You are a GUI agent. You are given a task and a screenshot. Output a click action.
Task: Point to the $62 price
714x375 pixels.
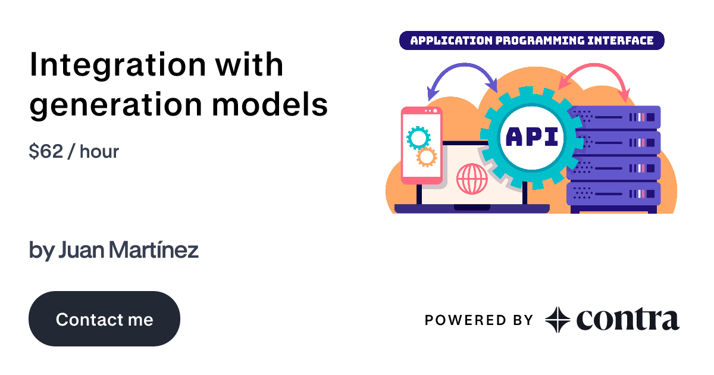[x=46, y=152]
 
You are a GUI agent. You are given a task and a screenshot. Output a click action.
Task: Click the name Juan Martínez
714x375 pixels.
[x=128, y=251]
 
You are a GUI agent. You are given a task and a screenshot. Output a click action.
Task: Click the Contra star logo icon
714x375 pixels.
[x=558, y=320]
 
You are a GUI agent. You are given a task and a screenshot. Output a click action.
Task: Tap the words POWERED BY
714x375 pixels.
[x=479, y=320]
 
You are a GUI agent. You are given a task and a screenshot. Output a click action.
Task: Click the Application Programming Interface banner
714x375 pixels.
[x=531, y=40]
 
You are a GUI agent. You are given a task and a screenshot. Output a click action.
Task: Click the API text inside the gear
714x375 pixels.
[x=531, y=136]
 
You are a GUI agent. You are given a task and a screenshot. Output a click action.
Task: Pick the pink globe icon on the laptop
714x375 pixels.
[x=471, y=179]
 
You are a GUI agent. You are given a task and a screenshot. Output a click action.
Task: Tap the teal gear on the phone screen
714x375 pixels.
[x=418, y=137]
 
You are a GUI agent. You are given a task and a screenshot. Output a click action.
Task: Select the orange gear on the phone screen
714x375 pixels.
[x=426, y=157]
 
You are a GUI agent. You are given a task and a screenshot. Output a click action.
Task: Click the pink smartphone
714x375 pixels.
[x=422, y=146]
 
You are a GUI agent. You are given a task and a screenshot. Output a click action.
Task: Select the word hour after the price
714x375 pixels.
[x=99, y=152]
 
